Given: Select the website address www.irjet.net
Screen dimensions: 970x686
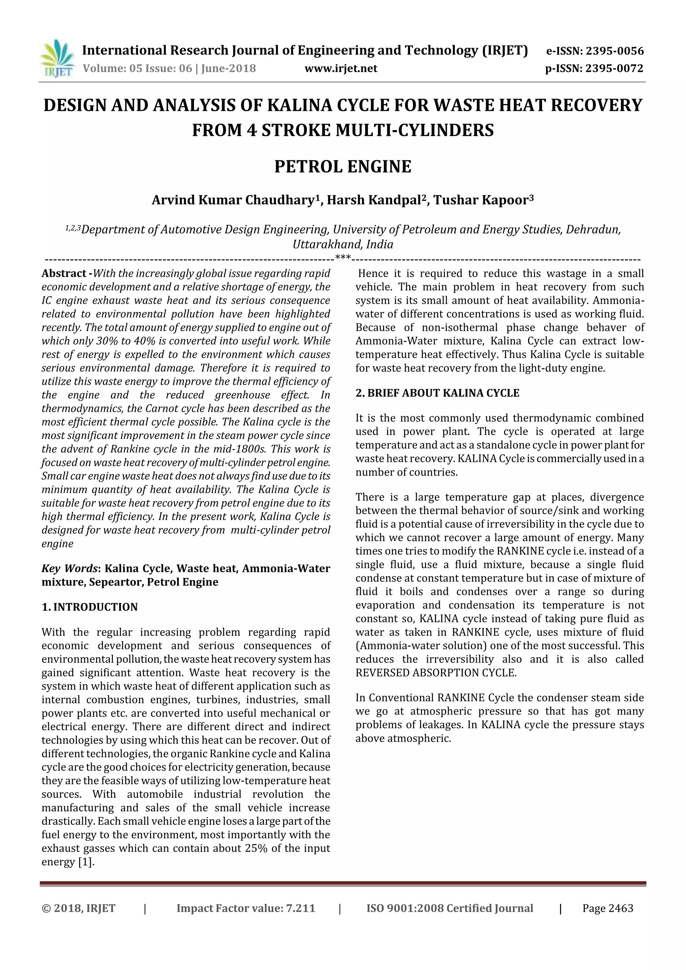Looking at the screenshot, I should tap(341, 68).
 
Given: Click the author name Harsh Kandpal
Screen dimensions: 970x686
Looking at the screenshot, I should tap(373, 200).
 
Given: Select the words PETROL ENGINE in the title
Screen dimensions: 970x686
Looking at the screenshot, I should tap(343, 166).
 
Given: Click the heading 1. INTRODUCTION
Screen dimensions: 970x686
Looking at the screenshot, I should tap(90, 607).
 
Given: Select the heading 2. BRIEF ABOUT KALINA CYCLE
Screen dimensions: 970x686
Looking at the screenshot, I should tap(437, 393).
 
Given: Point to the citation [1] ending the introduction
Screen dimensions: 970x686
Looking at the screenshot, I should tap(86, 862).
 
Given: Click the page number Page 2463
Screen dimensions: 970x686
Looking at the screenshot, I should tap(607, 908).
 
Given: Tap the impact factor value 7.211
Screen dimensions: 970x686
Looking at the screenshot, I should tap(300, 908).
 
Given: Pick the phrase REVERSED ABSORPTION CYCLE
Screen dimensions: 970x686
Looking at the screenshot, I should tap(435, 673).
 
